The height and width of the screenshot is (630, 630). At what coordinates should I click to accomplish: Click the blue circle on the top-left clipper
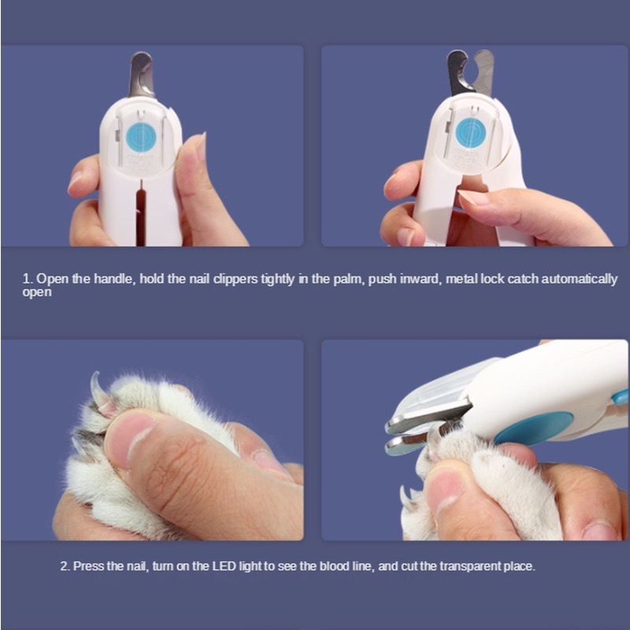tap(141, 137)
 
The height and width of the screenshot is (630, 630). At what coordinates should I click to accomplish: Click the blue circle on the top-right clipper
tap(471, 133)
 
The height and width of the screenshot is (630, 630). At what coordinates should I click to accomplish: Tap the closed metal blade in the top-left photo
tap(142, 75)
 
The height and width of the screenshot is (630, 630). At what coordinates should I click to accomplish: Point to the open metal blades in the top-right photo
tap(470, 72)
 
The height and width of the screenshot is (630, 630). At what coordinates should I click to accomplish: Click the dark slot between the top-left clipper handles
tap(141, 213)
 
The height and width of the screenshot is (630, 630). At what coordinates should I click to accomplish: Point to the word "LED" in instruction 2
tap(224, 566)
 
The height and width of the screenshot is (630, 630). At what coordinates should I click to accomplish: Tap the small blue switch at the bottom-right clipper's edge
tap(620, 398)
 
